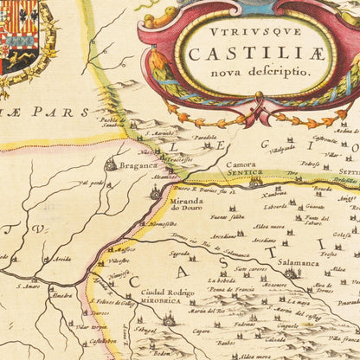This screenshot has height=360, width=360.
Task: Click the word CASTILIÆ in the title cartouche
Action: tap(235, 53)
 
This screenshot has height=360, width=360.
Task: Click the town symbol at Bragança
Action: tap(111, 163)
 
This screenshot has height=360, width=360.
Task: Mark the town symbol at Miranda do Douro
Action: tap(156, 194)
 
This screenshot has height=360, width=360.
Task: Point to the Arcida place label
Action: tap(62, 259)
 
